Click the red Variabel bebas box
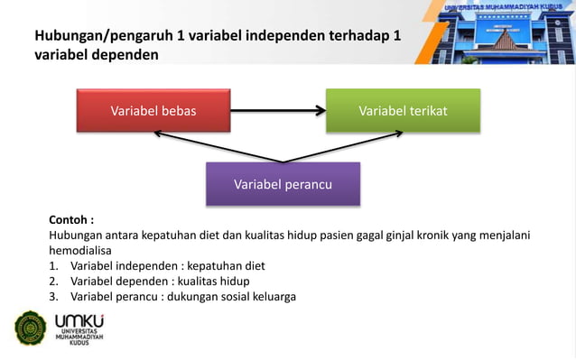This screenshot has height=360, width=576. pyautogui.click(x=153, y=111)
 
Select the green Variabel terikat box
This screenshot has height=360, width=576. pyautogui.click(x=403, y=111)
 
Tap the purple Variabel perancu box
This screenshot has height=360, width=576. pyautogui.click(x=283, y=184)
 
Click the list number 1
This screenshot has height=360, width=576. pyautogui.click(x=55, y=265)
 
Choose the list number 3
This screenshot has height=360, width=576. pyautogui.click(x=55, y=297)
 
